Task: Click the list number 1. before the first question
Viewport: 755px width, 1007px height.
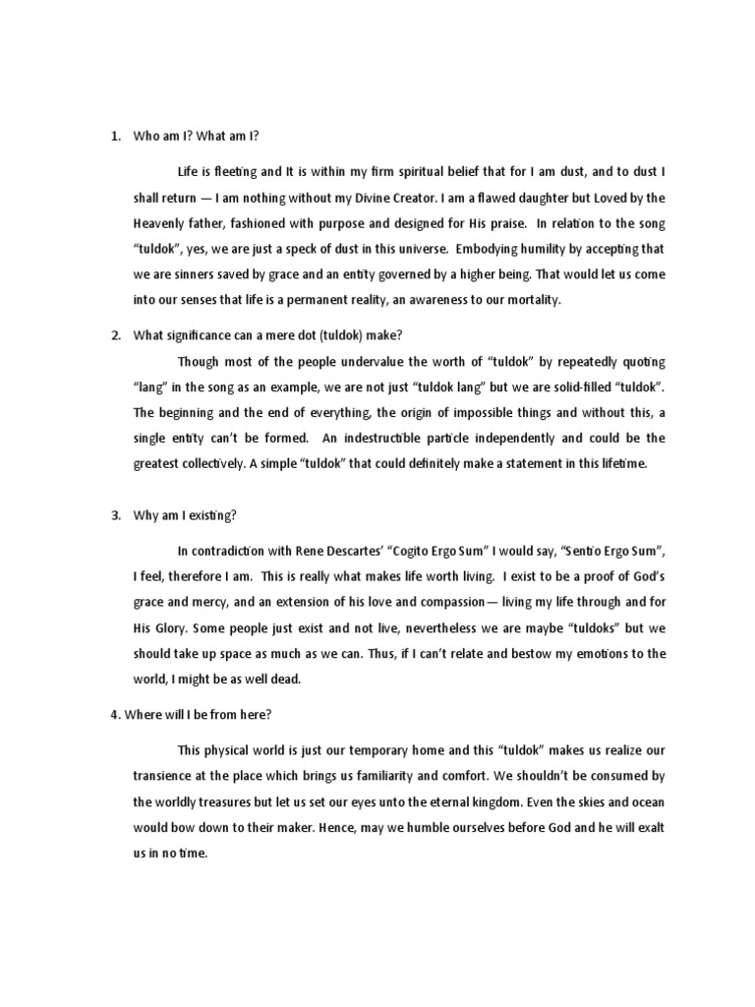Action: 115,137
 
